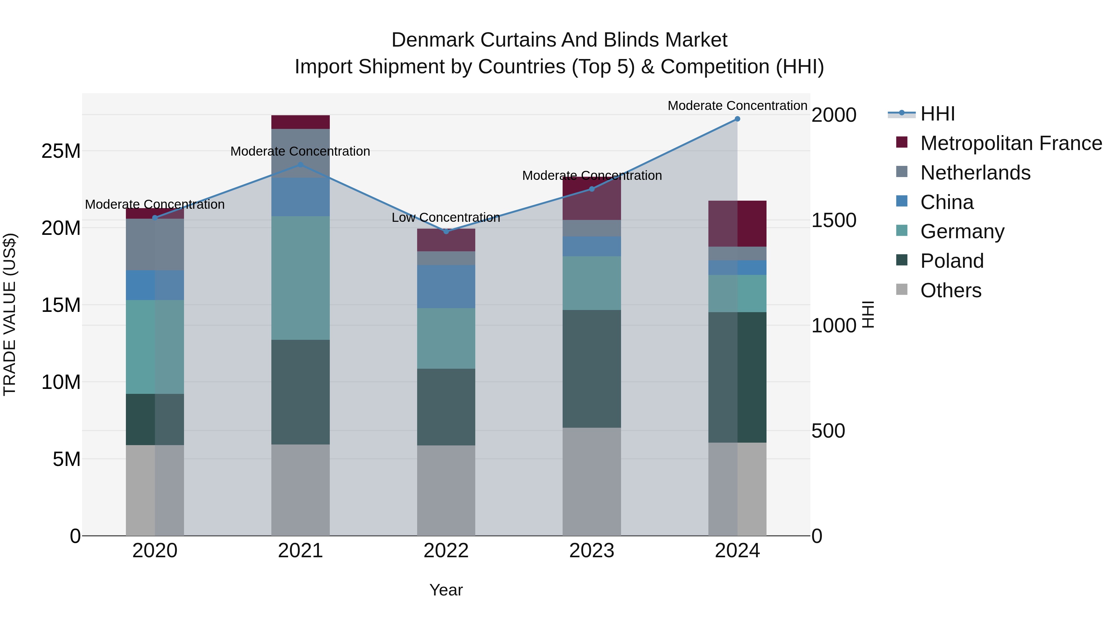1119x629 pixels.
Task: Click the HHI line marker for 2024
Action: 737,119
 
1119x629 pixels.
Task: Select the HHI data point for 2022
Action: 446,231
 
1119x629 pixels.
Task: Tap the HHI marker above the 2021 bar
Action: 300,165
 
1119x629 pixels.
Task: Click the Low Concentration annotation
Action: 446,217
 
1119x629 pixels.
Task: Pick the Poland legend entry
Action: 951,261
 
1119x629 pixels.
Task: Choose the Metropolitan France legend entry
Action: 1011,143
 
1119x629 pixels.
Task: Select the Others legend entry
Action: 951,290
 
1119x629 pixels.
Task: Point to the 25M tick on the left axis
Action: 61,151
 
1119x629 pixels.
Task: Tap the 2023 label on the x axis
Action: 591,551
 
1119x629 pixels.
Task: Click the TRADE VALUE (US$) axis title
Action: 10,314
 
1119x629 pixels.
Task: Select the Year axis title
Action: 446,590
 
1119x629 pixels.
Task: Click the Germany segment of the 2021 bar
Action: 300,278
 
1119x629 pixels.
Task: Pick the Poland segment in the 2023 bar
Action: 591,369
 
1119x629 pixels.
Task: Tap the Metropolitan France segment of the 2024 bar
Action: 737,224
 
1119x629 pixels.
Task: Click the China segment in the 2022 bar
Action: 446,286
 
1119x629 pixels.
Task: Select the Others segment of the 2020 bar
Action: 155,490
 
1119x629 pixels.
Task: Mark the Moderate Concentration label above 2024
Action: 737,106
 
